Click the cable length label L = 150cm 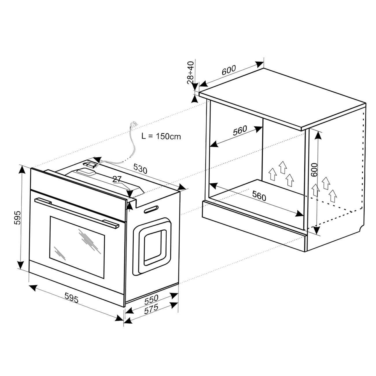click(x=161, y=137)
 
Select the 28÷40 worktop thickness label click(x=190, y=73)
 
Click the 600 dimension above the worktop click(x=229, y=70)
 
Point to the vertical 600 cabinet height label click(x=314, y=170)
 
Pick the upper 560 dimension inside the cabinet click(x=240, y=130)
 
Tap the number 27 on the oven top click(x=117, y=179)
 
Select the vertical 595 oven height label click(x=17, y=218)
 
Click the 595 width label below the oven click(x=71, y=298)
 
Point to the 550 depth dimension click(x=151, y=299)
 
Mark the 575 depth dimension click(x=151, y=309)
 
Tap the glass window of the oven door click(x=77, y=247)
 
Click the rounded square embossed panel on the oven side click(x=152, y=246)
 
